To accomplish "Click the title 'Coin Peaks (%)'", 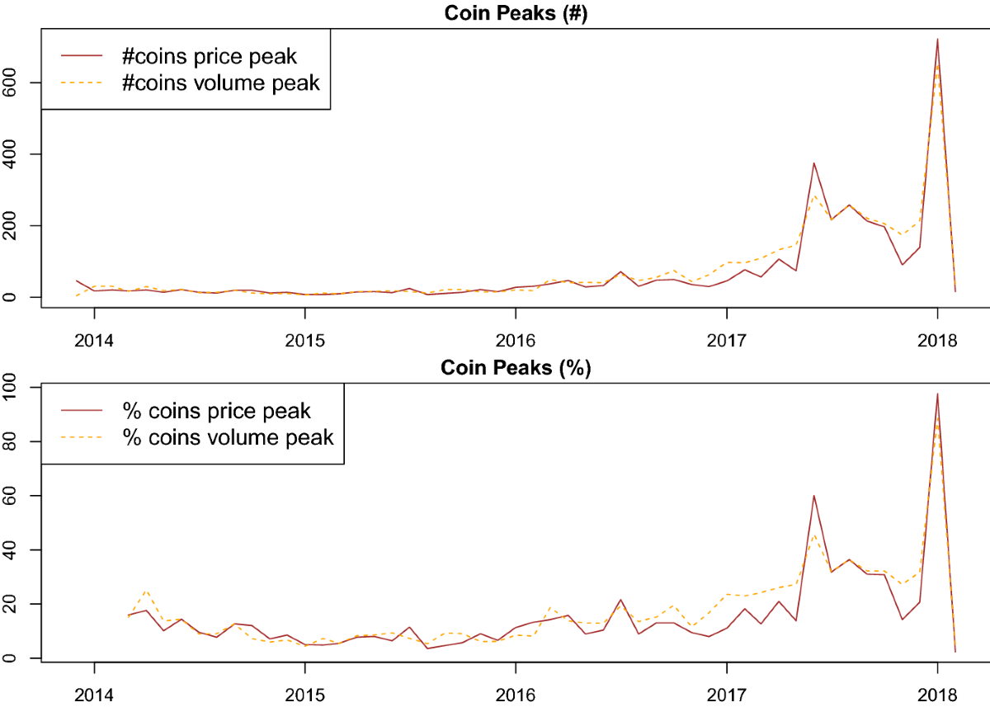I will [x=515, y=369].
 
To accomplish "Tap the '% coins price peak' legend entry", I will [x=229, y=410].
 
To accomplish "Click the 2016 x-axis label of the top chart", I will [x=516, y=341].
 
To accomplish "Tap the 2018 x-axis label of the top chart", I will [x=936, y=341].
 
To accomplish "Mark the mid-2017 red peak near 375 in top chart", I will [x=814, y=163].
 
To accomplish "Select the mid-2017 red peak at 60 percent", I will [x=814, y=495].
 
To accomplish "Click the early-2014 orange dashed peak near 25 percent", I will [x=146, y=591].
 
